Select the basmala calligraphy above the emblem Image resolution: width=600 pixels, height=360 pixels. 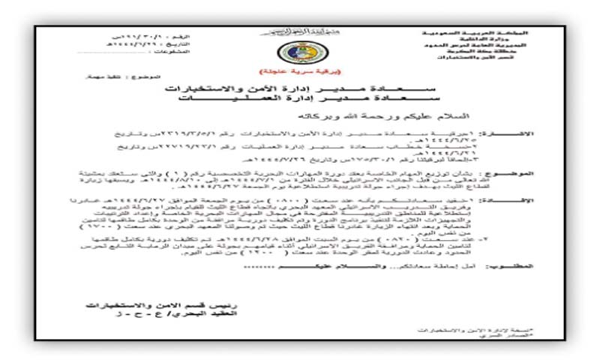pos(299,31)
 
